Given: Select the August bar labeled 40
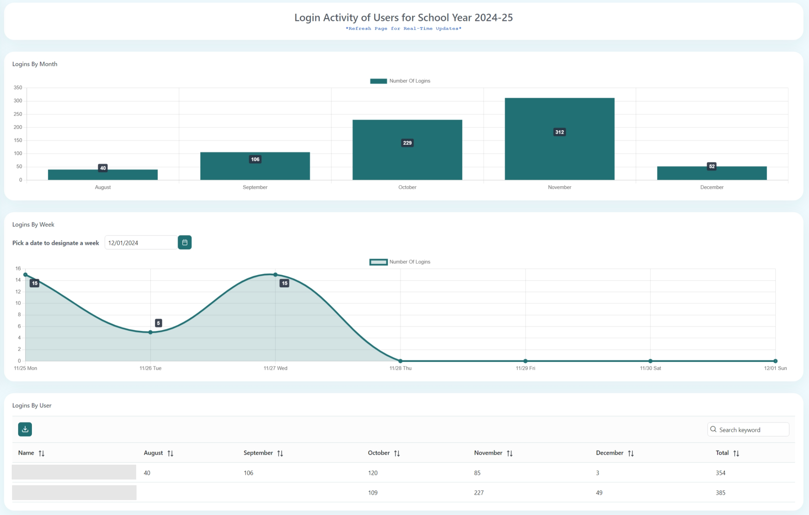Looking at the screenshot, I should point(102,175).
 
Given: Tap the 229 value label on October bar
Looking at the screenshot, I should point(407,143).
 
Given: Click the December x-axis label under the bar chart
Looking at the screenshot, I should point(711,187).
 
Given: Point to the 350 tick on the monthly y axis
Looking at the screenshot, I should point(18,88).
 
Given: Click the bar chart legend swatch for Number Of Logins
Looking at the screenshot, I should point(378,81).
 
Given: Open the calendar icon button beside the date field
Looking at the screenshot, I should point(184,243).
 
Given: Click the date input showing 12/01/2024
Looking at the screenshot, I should point(140,243).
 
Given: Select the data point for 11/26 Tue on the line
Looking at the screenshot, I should point(150,332).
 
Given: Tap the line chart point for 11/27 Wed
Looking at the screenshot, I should point(275,275).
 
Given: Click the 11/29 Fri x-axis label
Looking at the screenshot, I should point(525,368).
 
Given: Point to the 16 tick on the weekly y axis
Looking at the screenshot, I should point(18,268).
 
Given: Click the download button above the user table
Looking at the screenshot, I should point(25,429).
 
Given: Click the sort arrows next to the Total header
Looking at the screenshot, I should point(736,453).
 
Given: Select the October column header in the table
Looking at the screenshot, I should point(378,453).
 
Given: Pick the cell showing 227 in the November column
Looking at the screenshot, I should point(479,493).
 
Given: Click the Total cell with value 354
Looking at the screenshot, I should point(720,473).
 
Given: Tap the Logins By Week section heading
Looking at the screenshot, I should point(33,225).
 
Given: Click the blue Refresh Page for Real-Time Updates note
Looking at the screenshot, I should point(403,29).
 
